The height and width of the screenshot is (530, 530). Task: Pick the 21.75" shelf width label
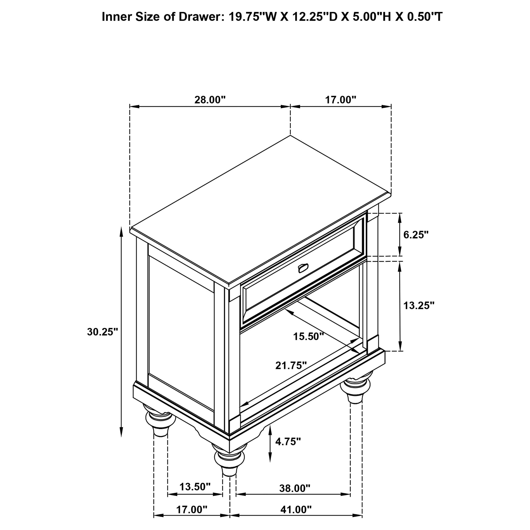pyautogui.click(x=291, y=365)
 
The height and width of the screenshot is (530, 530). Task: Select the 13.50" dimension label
pyautogui.click(x=195, y=487)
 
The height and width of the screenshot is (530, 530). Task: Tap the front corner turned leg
pyautogui.click(x=229, y=462)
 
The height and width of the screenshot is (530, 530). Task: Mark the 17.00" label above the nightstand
pyautogui.click(x=340, y=100)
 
